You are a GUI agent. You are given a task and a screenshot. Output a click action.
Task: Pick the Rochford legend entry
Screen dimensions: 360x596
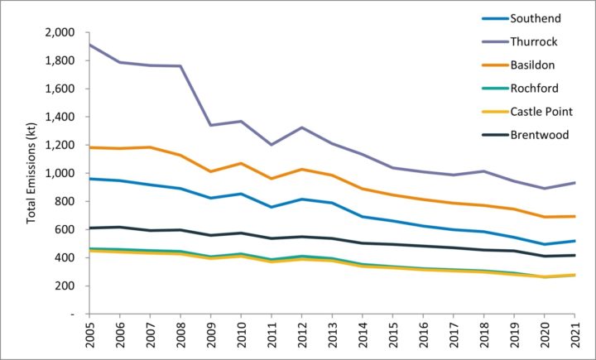(x=535, y=88)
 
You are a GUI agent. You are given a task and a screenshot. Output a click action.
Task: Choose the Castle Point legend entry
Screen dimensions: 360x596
(x=542, y=111)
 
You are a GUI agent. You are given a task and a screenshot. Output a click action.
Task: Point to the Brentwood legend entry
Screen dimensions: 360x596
(x=540, y=134)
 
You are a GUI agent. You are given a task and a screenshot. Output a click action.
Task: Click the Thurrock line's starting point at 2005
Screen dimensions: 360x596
(x=89, y=45)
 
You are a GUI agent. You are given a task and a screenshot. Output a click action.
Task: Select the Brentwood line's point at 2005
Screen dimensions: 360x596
(x=89, y=228)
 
